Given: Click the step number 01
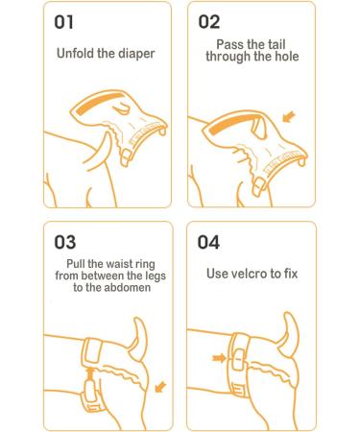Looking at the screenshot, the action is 63,22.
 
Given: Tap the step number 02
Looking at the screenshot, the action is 209,22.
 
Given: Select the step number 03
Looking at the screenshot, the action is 65,242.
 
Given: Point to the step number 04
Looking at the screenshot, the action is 208,242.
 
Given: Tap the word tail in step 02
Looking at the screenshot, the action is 276,44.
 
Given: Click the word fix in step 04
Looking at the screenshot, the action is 291,274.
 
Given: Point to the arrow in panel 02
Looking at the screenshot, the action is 289,116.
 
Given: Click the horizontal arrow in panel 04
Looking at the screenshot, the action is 219,358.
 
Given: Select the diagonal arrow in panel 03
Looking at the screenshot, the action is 160,387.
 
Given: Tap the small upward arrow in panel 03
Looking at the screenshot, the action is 90,372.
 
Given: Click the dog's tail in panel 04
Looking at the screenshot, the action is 290,333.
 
